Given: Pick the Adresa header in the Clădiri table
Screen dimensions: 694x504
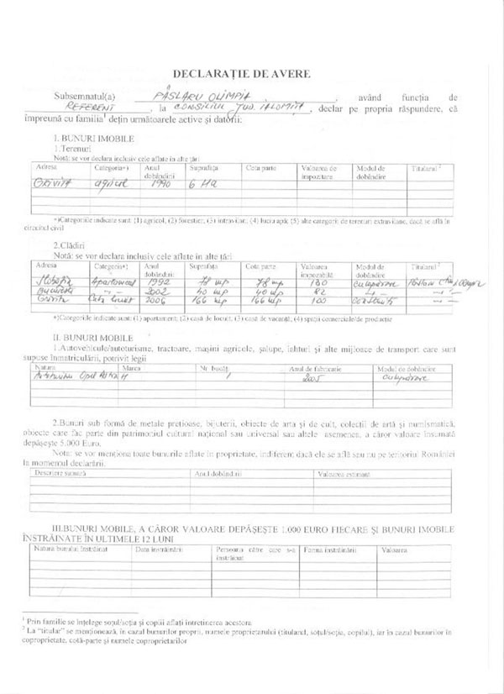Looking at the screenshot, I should (x=46, y=265).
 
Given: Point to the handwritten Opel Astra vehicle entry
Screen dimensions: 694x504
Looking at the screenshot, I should (x=69, y=378).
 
